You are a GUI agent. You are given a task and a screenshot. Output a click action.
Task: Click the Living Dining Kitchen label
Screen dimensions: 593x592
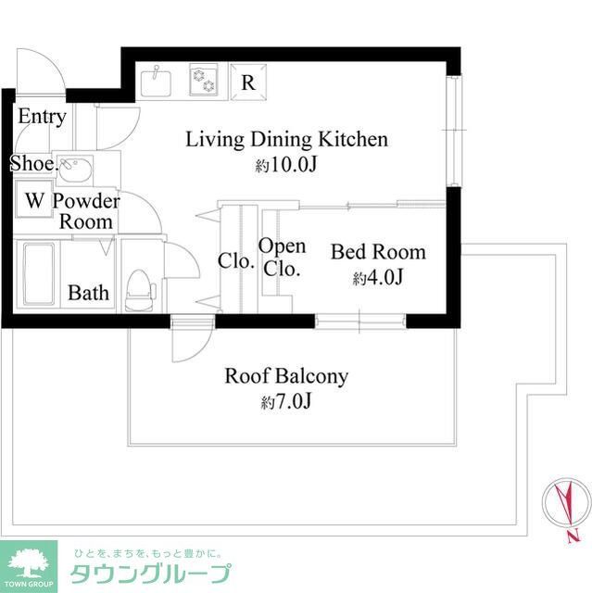[286, 140]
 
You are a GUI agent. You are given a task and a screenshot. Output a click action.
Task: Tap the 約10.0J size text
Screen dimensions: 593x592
[286, 166]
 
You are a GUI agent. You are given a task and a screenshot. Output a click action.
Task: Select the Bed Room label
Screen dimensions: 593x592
[378, 252]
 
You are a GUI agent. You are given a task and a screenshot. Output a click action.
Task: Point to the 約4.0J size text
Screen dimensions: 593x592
[378, 278]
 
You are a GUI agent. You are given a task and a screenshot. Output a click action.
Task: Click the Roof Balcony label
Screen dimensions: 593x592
[286, 376]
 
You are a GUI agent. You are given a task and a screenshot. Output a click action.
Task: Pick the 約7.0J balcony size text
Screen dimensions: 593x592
[286, 403]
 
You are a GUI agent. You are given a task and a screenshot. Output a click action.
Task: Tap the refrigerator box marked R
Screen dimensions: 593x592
[248, 82]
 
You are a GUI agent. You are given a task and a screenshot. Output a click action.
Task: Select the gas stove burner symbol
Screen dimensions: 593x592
[203, 82]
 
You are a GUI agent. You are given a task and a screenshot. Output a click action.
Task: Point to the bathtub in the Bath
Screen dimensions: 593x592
[40, 264]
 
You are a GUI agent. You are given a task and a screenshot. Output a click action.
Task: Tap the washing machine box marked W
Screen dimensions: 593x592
[34, 200]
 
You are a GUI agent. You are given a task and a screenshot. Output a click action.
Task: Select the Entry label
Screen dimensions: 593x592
[42, 117]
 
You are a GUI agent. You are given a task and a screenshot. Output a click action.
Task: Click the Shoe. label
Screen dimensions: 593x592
[31, 164]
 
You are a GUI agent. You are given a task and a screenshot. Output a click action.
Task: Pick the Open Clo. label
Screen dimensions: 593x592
[282, 258]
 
